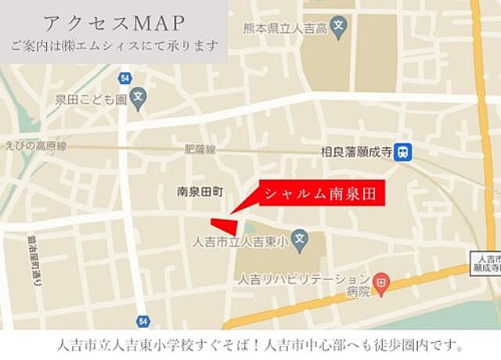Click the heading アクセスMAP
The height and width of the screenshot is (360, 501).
[x=113, y=21]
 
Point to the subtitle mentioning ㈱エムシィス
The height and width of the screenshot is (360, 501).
[x=114, y=45]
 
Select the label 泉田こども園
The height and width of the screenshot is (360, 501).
[x=91, y=99]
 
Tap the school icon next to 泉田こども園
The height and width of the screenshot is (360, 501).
[x=139, y=99]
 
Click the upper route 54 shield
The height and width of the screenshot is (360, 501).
[x=124, y=77]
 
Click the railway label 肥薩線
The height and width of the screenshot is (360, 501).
[x=200, y=149]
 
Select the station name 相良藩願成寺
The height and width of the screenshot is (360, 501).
[x=356, y=153]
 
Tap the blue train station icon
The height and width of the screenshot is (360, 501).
[x=403, y=152]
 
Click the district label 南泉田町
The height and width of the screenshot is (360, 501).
[x=200, y=191]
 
